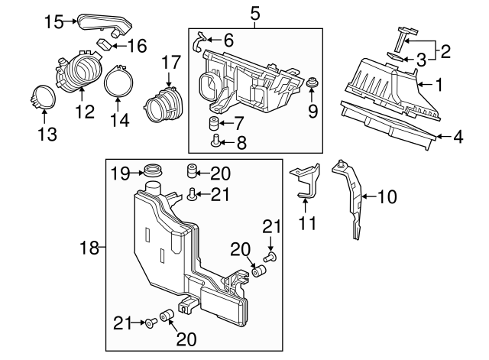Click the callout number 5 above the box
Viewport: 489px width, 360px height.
(x=254, y=12)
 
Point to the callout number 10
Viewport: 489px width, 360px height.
(x=387, y=197)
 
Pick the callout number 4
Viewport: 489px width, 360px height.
(x=458, y=138)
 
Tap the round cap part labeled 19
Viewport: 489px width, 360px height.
(x=152, y=170)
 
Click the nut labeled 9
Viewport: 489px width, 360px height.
(x=313, y=82)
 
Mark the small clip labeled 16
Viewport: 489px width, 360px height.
(x=102, y=44)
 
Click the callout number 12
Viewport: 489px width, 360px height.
(x=84, y=112)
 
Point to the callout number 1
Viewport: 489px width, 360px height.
(x=439, y=83)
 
